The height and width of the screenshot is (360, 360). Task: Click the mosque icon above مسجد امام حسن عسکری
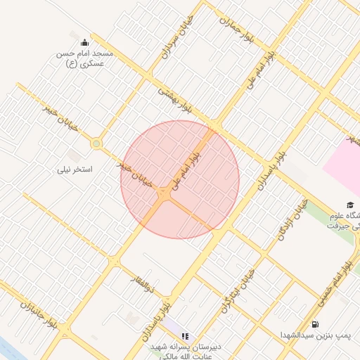[x=85, y=42]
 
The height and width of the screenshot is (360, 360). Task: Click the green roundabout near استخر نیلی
[x=96, y=144]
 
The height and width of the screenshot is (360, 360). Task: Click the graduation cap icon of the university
[x=350, y=205]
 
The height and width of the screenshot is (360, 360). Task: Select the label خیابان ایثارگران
[x=236, y=288]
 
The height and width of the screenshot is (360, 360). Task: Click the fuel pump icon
[x=314, y=324]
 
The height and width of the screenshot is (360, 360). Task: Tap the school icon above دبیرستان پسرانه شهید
[x=185, y=337]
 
